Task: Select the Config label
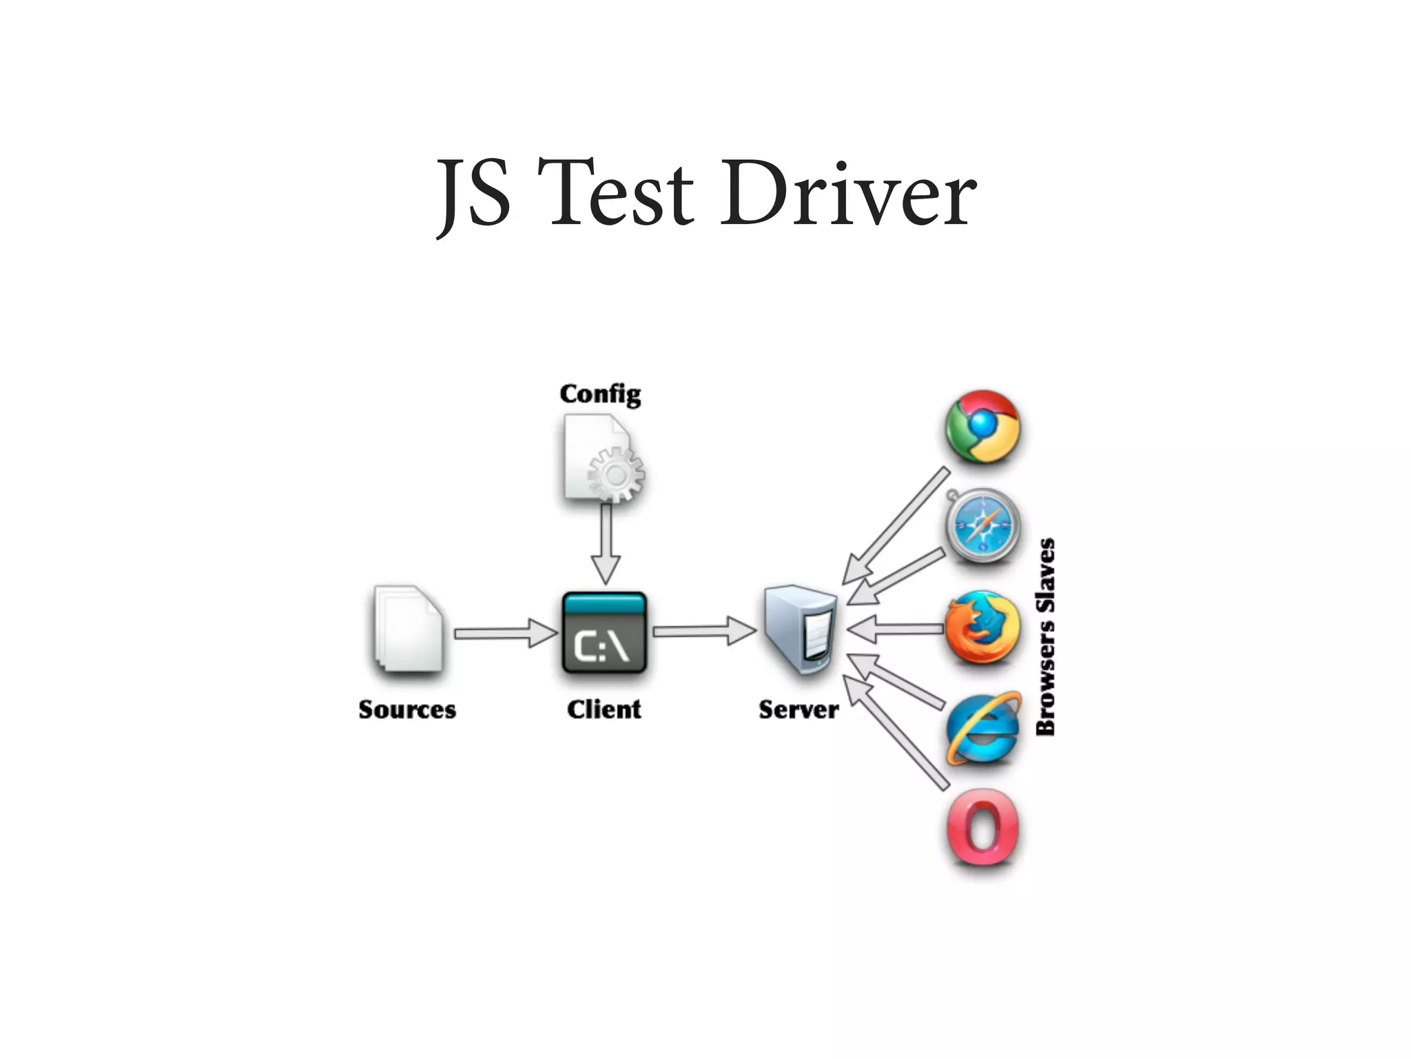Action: click(600, 394)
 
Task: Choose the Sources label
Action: click(407, 709)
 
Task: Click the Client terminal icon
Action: click(604, 633)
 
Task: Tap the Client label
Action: click(604, 709)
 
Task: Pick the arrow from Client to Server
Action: click(703, 631)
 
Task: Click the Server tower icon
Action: click(801, 629)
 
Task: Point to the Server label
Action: click(799, 709)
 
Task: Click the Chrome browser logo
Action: click(982, 427)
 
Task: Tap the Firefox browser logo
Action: click(982, 628)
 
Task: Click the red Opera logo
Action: click(982, 827)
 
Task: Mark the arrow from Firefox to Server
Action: click(896, 629)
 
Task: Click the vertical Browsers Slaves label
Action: click(1046, 637)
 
